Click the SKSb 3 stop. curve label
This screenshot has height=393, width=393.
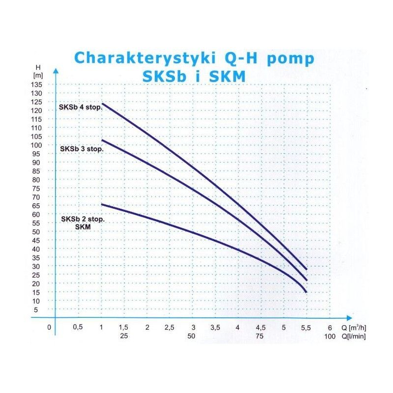coord(82,148)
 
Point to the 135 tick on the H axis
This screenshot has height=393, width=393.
coord(38,84)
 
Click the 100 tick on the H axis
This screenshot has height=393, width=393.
coord(38,145)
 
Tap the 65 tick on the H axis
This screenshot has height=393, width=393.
coord(38,205)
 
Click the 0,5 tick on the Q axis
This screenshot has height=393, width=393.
coord(77,328)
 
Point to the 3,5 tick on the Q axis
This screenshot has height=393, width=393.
coord(215,328)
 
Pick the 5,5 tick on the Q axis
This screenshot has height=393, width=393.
coord(306,328)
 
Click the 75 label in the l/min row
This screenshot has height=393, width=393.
coord(260,337)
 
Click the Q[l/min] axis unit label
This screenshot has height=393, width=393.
coord(353,337)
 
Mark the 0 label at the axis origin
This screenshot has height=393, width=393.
coord(49,328)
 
